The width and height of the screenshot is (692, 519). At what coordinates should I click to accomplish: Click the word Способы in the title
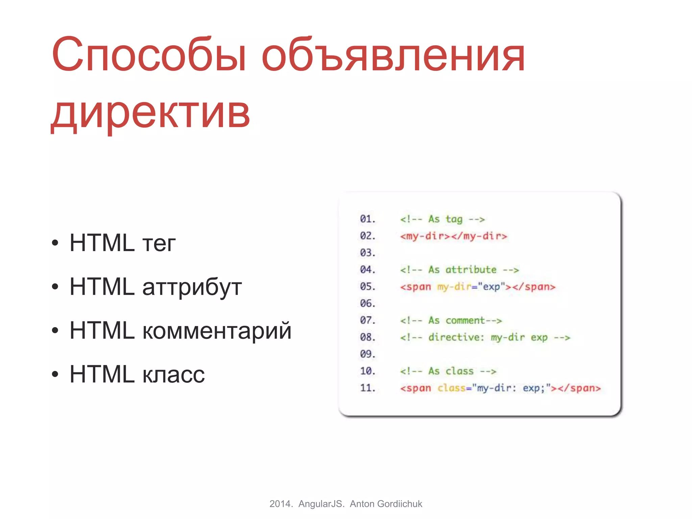(149, 55)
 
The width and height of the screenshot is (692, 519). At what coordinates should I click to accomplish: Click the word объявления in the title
(393, 55)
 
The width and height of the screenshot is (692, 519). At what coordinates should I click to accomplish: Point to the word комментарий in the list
(217, 330)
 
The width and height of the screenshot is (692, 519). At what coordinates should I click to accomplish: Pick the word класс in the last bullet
(173, 374)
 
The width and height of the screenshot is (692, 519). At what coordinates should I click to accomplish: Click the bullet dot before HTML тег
(55, 243)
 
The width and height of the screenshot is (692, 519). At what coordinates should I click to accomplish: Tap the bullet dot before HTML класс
(55, 374)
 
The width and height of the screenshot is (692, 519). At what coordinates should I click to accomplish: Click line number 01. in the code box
(368, 219)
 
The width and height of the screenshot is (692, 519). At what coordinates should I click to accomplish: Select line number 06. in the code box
(368, 303)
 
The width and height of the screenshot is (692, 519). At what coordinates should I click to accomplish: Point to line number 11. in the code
(368, 388)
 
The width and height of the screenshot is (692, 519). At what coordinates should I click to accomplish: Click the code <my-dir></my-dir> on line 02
(453, 236)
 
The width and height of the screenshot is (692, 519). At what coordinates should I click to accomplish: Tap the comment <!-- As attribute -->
(459, 270)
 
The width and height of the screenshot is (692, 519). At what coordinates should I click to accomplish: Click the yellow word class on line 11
(451, 388)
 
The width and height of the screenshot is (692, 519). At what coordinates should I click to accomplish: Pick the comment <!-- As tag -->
(442, 219)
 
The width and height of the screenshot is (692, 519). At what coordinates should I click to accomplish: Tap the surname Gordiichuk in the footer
(399, 504)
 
